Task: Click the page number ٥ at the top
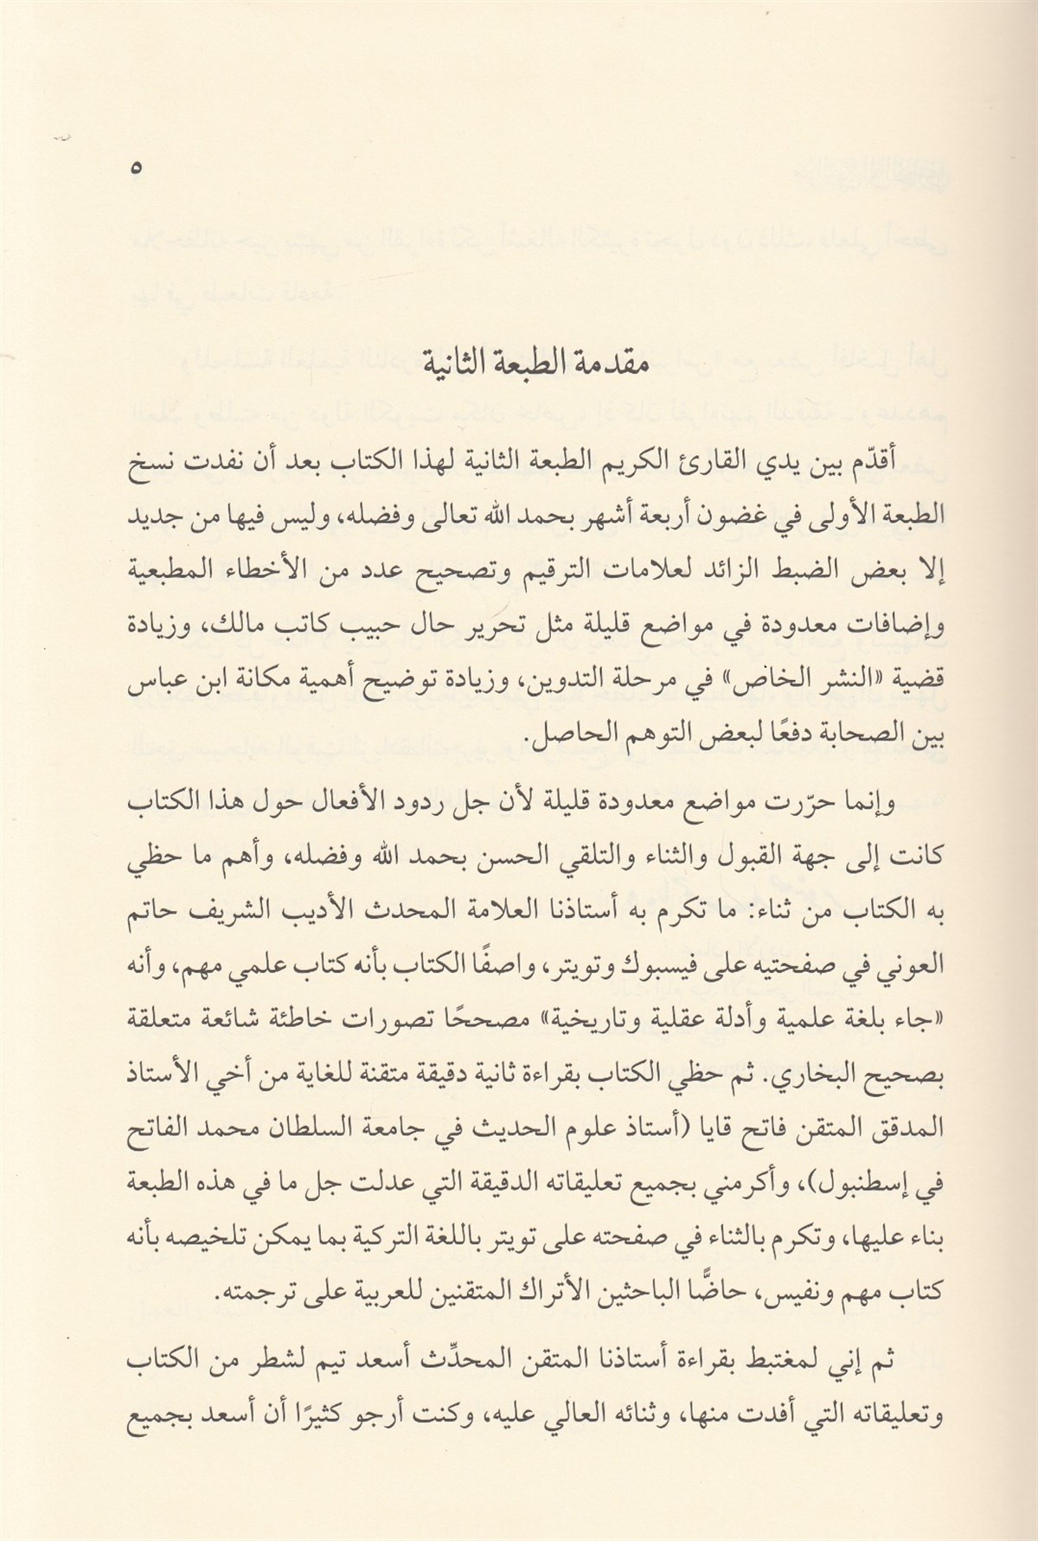(135, 169)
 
